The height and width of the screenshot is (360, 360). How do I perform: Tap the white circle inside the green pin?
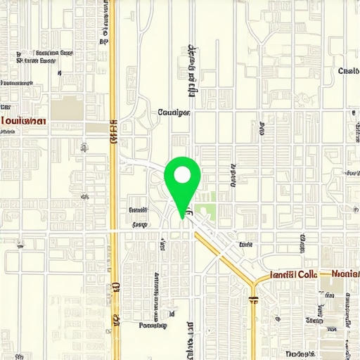tap(182, 174)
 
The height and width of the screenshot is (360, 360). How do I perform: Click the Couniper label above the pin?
tap(174, 112)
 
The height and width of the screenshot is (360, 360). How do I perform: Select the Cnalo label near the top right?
tap(348, 71)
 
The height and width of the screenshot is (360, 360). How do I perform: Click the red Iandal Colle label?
tap(293, 274)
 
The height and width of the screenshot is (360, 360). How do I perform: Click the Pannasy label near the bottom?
tap(153, 325)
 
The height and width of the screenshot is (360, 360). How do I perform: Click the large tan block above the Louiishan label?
tap(66, 108)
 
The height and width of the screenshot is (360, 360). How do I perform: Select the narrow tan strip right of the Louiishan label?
tap(96, 127)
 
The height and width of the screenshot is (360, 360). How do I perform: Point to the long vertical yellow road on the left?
tap(113, 176)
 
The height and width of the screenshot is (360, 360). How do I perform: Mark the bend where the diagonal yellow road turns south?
tap(253, 283)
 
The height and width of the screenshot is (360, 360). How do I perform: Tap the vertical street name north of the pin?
tap(191, 70)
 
